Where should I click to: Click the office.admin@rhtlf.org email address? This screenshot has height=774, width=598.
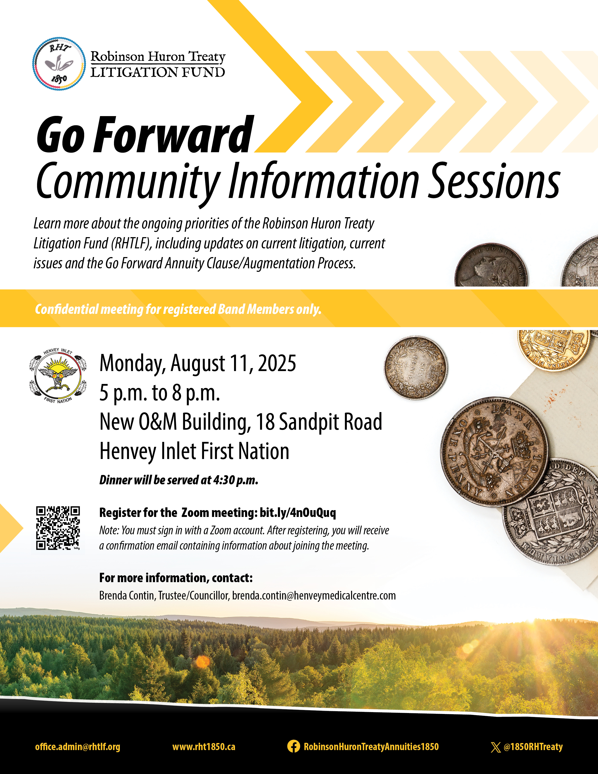coord(78,747)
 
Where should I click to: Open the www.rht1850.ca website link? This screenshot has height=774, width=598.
coord(204,747)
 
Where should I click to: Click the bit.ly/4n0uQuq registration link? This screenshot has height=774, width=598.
coord(298,512)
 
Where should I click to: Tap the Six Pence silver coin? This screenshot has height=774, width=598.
coord(416,368)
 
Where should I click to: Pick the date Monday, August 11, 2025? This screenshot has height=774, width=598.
coord(198,363)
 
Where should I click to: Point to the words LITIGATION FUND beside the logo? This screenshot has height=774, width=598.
coord(158,72)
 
